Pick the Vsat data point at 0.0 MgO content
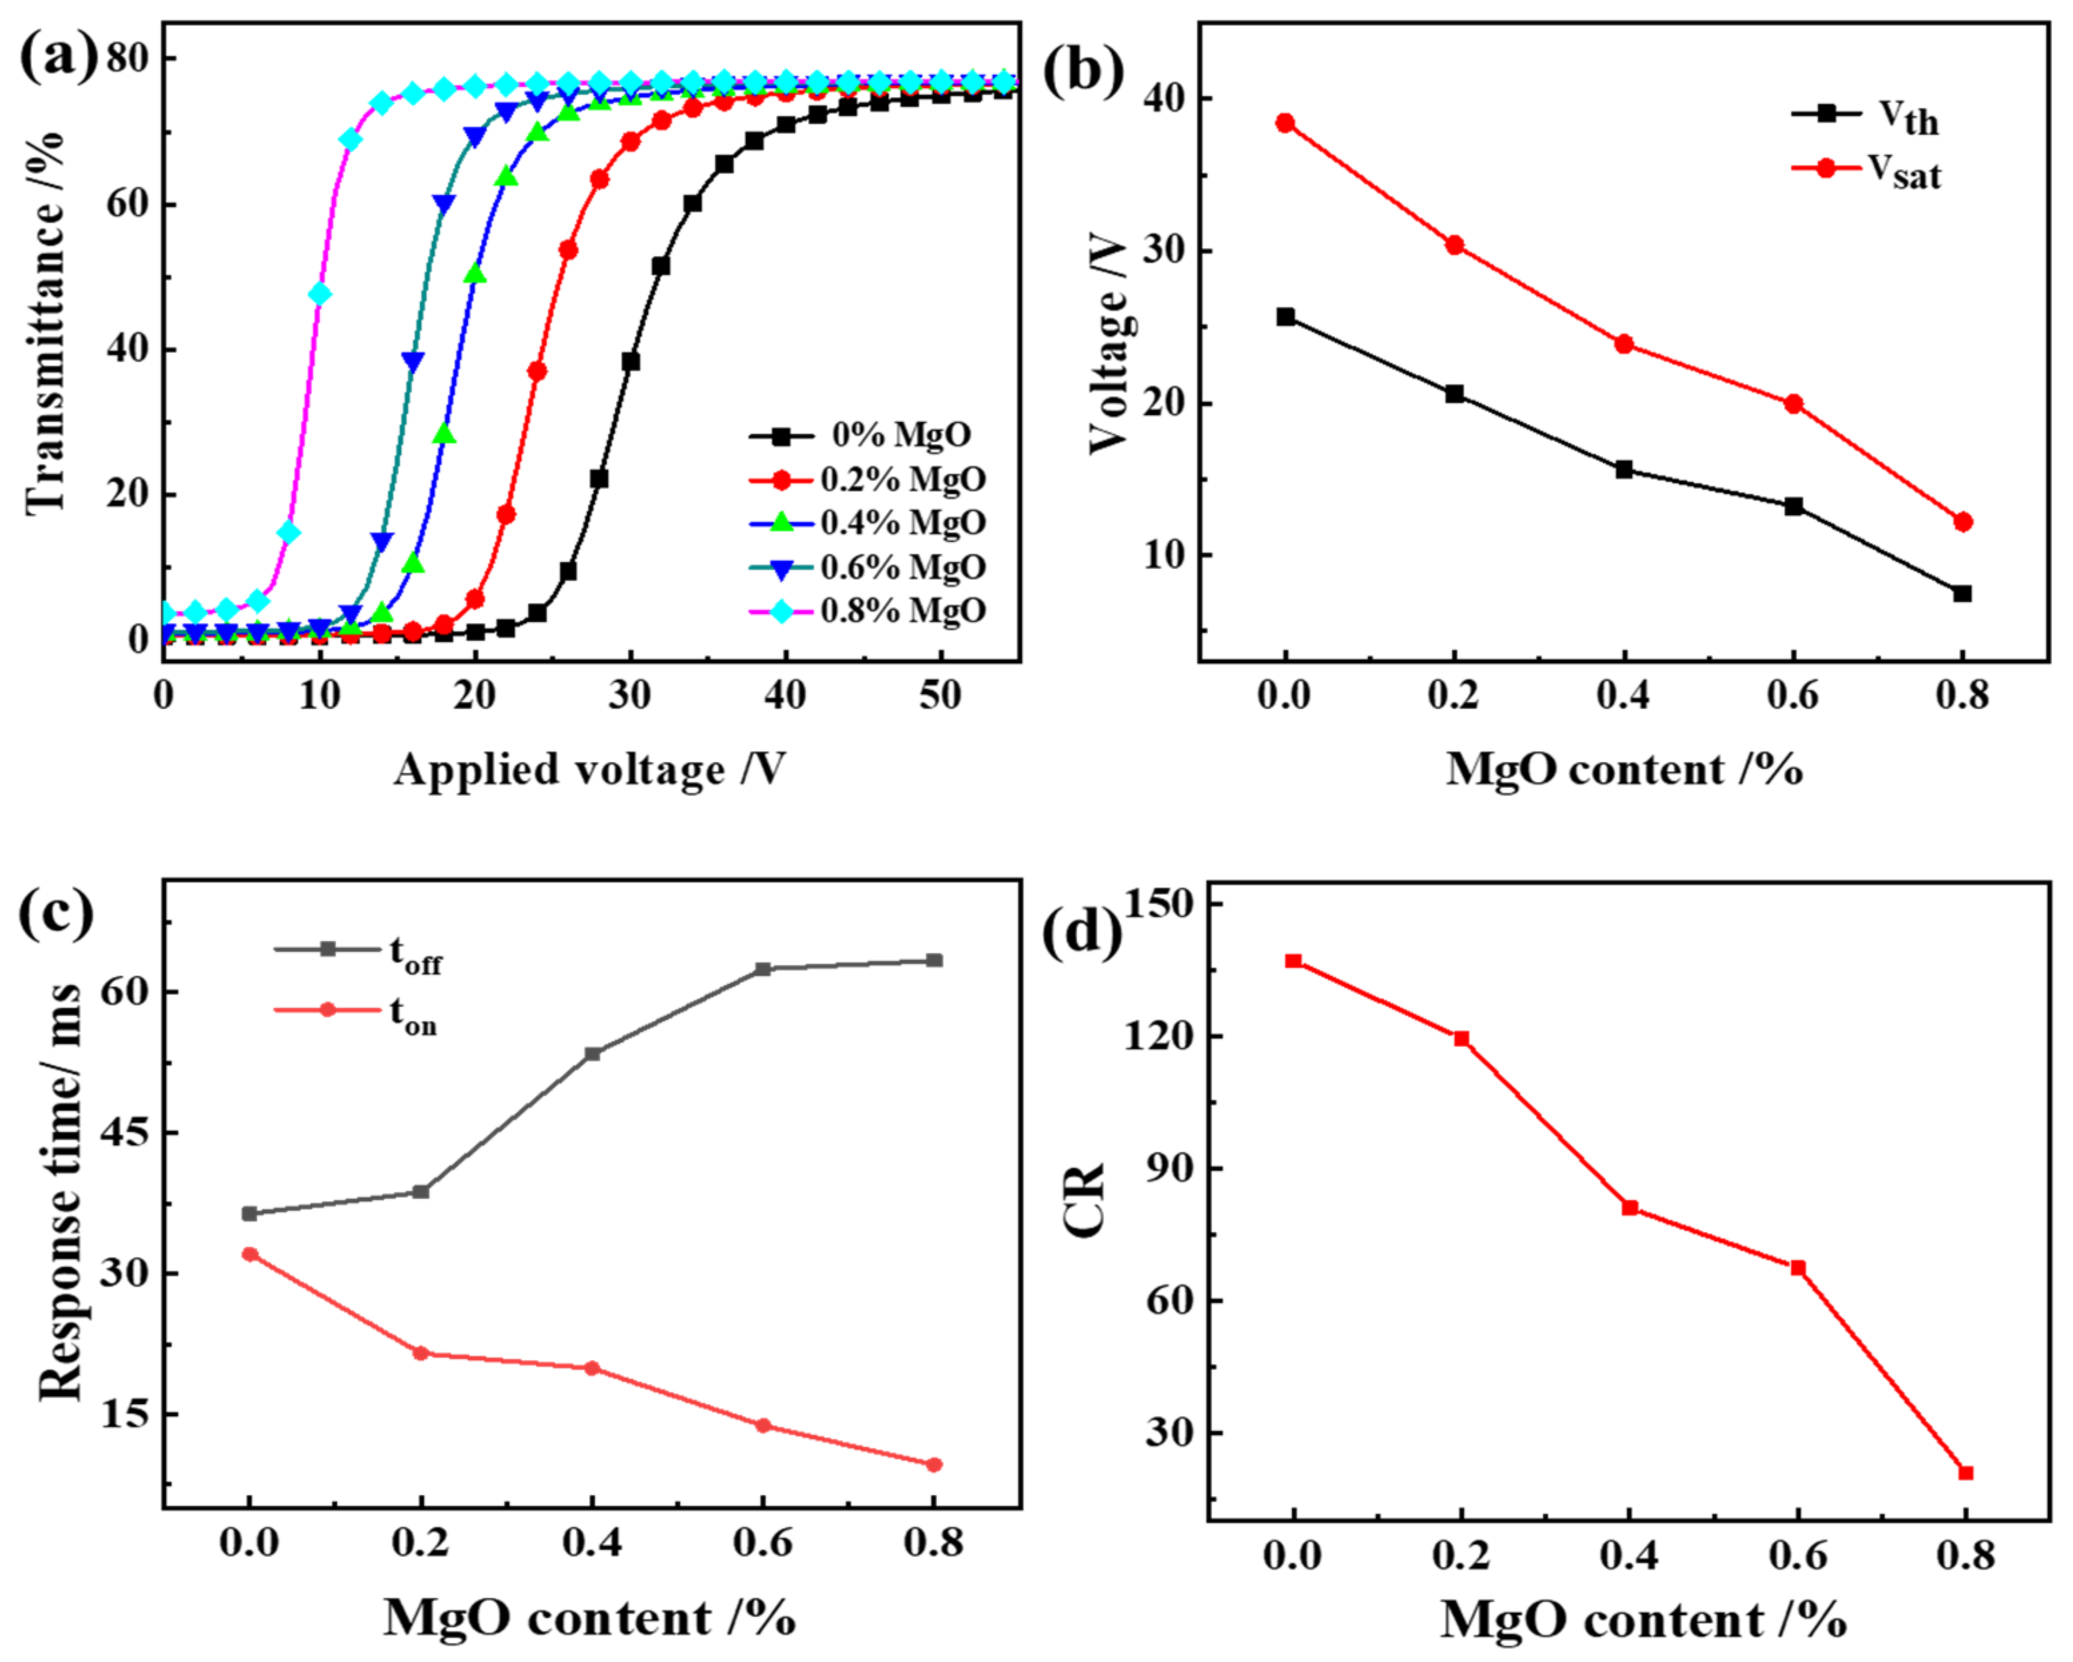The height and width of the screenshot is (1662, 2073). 1286,123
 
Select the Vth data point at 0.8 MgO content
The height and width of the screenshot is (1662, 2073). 1962,593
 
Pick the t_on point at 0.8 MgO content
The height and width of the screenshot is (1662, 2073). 933,1465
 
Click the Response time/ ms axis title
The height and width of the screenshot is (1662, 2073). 59,1192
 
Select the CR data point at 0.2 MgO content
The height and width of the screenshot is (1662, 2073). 1461,1038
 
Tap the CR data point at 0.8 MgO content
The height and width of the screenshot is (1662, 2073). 1966,1472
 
